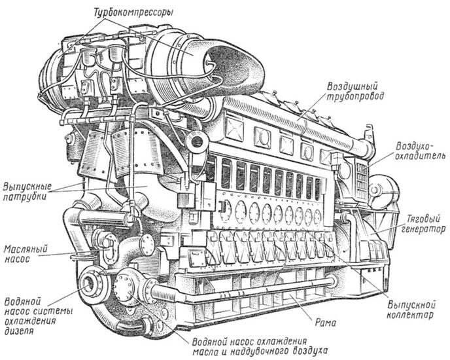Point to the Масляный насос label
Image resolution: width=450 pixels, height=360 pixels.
[x=24, y=255]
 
